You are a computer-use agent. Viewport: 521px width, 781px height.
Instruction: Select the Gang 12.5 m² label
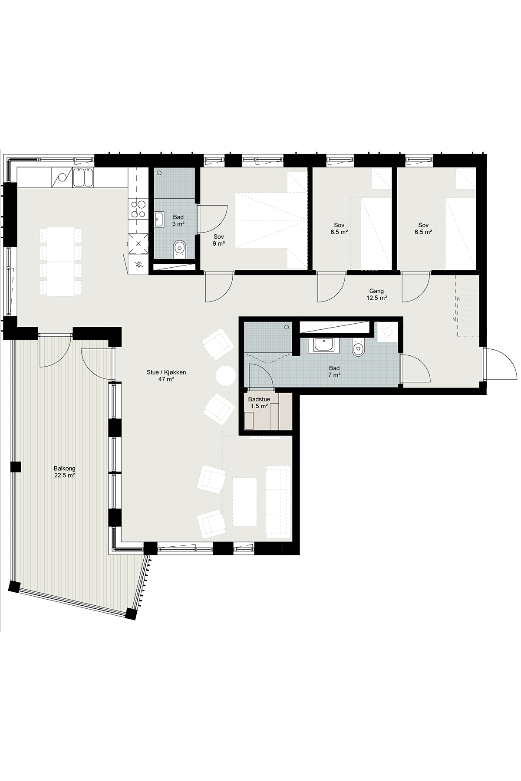click(376, 295)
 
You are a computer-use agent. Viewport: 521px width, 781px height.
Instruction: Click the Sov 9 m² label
click(218, 240)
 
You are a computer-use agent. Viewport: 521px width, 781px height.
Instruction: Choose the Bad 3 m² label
click(178, 220)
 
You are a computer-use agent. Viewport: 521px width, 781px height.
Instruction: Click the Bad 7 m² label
click(334, 371)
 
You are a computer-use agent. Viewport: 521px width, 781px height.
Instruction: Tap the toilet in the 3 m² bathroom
click(179, 249)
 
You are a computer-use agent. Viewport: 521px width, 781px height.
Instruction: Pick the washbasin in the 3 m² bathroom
click(158, 220)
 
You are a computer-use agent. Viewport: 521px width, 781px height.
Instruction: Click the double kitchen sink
click(83, 177)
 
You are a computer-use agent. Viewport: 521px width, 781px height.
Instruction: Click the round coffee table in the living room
click(226, 375)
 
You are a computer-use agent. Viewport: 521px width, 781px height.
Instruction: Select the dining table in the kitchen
click(61, 262)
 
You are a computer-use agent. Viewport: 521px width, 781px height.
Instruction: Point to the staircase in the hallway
click(467, 305)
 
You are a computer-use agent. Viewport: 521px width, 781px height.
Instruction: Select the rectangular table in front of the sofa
click(244, 501)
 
